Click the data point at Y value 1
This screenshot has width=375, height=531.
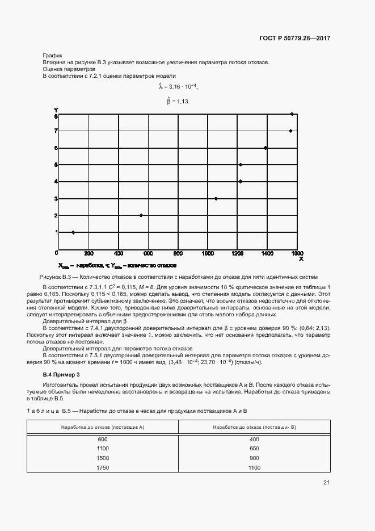73,232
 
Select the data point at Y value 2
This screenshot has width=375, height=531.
141,215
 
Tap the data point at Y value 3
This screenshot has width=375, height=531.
216,199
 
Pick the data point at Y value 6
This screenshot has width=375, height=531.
266,148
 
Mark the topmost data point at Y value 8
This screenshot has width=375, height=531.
292,114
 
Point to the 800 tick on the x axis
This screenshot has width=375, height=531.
178,253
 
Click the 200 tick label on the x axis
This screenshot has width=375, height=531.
89,253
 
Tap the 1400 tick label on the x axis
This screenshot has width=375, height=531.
267,253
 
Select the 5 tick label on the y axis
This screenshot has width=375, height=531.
56,165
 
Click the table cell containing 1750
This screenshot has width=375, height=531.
103,467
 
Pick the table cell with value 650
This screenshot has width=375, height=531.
254,449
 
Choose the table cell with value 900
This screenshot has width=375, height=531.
254,458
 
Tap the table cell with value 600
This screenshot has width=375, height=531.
103,440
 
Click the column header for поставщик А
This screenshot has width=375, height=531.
103,427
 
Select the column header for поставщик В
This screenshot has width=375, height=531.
254,427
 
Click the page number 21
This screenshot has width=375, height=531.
326,483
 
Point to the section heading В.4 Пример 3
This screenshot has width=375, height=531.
62,375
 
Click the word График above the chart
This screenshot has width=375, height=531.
52,55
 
